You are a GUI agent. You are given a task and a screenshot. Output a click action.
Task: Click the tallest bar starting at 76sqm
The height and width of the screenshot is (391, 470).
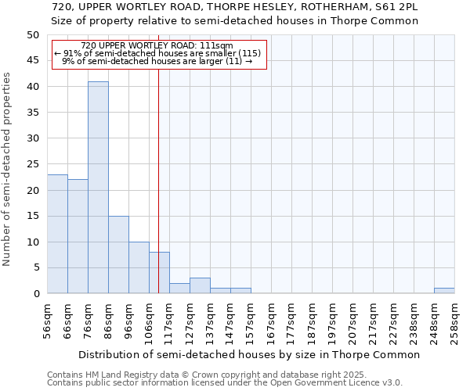click(x=98, y=188)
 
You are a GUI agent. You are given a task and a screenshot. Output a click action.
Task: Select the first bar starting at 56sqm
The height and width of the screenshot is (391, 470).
click(x=57, y=234)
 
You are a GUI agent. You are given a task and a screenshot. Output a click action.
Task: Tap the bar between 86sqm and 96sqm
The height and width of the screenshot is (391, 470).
click(x=118, y=255)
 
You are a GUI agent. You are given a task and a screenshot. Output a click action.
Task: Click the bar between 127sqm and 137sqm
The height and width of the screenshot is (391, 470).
click(x=200, y=285)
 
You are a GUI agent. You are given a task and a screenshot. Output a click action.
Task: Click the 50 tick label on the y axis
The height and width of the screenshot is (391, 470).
click(x=32, y=35)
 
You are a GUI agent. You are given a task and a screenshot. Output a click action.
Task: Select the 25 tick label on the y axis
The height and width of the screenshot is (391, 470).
click(x=32, y=164)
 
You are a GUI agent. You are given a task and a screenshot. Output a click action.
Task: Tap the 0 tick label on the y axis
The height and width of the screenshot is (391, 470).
click(x=35, y=294)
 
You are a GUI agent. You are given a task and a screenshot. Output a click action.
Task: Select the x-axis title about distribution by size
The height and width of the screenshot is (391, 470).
click(x=250, y=354)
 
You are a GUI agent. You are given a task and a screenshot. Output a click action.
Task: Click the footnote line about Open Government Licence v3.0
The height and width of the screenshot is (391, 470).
click(x=225, y=382)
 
